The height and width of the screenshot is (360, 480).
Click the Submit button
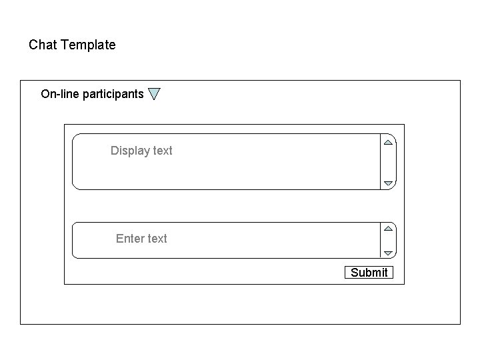point(369,272)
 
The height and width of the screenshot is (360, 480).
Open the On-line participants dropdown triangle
point(154,94)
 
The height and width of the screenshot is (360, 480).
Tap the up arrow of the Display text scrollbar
point(388,142)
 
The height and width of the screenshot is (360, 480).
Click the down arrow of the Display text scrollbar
point(388,183)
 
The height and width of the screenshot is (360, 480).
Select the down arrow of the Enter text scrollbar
point(388,253)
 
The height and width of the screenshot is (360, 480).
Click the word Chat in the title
point(43,45)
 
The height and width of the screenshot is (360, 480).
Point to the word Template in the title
point(88,45)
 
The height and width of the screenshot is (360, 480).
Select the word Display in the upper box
point(130,151)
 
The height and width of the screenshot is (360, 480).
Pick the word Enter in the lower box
point(131,239)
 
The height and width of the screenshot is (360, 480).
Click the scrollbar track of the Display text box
point(388,163)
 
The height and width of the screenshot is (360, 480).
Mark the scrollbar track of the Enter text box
point(388,241)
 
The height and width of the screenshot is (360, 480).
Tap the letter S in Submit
point(354,272)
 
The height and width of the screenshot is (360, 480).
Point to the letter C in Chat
point(33,45)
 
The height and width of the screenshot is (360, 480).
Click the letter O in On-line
point(45,94)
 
